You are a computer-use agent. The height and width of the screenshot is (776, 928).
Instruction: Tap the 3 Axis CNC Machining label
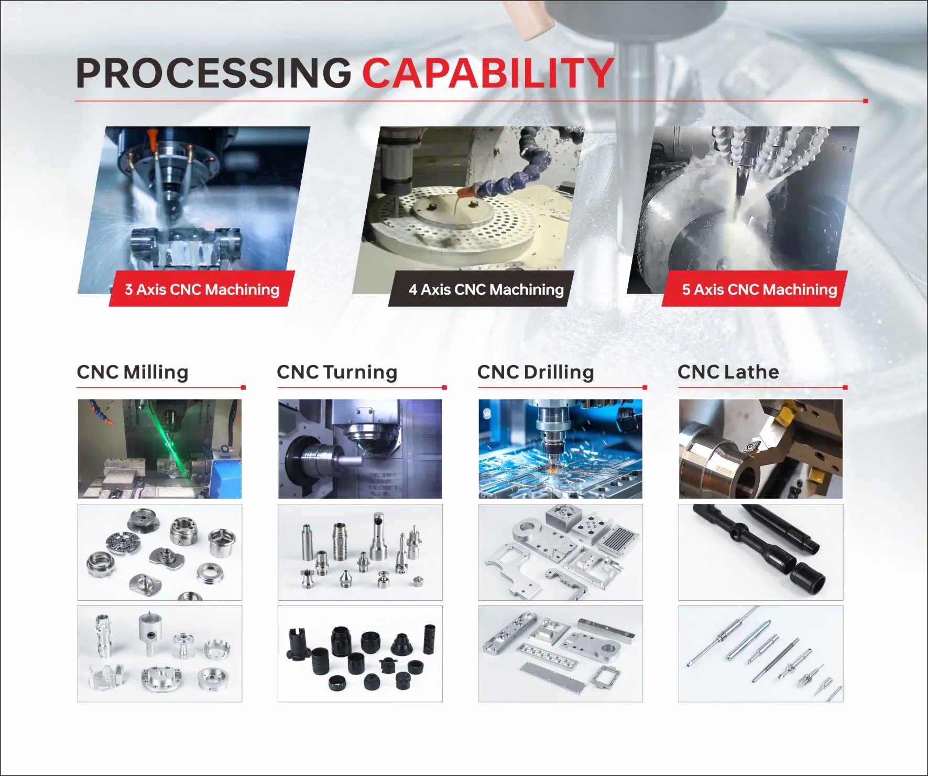pyautogui.click(x=202, y=289)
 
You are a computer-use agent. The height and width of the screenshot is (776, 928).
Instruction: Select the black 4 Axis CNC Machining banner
pyautogui.click(x=486, y=289)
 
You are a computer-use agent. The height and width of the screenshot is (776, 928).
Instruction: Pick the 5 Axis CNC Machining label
pyautogui.click(x=759, y=289)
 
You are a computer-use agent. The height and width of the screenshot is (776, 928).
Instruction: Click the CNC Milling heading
pyautogui.click(x=133, y=372)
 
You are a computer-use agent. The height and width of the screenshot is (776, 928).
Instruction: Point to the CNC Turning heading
pyautogui.click(x=337, y=372)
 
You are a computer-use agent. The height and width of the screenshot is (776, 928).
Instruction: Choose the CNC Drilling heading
pyautogui.click(x=536, y=372)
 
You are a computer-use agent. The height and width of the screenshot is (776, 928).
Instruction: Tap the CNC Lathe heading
pyautogui.click(x=728, y=372)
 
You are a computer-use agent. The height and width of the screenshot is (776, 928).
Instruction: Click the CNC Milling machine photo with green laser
pyautogui.click(x=160, y=449)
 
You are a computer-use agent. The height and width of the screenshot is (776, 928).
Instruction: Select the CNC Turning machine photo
pyautogui.click(x=360, y=449)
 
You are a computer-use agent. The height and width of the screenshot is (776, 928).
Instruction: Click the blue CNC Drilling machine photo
pyautogui.click(x=560, y=449)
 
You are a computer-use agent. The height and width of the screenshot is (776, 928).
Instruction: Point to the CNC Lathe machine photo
pyautogui.click(x=761, y=449)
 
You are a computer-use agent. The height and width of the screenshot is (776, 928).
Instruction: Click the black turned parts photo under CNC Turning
pyautogui.click(x=360, y=654)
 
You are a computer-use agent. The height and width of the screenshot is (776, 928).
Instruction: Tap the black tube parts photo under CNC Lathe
pyautogui.click(x=761, y=552)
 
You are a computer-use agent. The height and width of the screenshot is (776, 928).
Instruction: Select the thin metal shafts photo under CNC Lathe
pyautogui.click(x=761, y=654)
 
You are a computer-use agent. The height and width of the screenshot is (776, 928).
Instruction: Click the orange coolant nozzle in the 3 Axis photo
pyautogui.click(x=151, y=138)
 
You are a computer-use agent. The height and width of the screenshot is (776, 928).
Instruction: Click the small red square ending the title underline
pyautogui.click(x=865, y=101)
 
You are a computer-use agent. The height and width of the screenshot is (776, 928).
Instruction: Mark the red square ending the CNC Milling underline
pyautogui.click(x=243, y=387)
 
